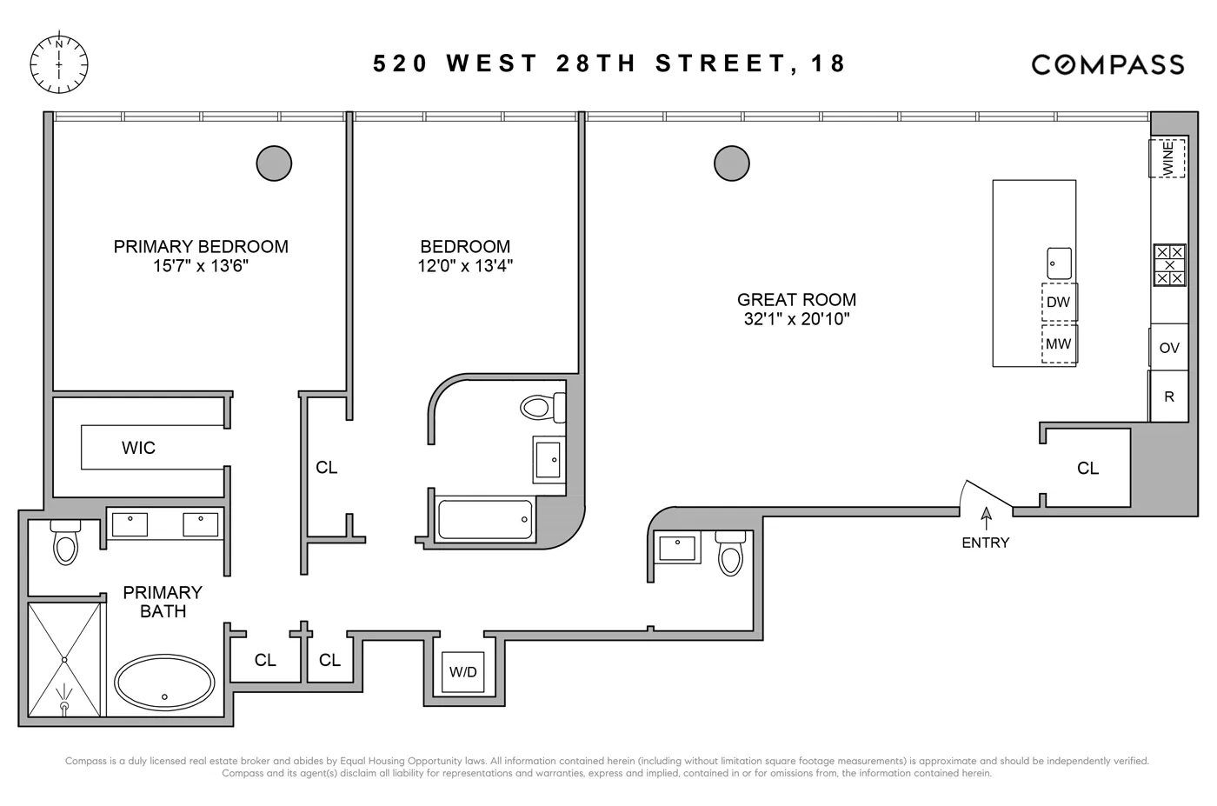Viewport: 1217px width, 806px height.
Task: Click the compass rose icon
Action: [59, 63]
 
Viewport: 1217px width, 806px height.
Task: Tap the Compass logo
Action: [1107, 64]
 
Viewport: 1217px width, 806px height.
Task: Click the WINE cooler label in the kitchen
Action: [1168, 158]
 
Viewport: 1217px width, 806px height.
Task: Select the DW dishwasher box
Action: [1059, 303]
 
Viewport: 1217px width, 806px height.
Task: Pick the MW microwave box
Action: [1059, 344]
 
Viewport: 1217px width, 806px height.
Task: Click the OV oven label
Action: [1169, 348]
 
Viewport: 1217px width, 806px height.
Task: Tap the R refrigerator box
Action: [1169, 396]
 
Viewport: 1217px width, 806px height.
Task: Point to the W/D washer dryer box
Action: [463, 672]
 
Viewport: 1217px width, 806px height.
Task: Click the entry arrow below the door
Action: [986, 517]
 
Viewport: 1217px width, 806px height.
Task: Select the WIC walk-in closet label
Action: [139, 448]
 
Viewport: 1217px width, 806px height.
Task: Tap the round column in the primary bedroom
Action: [274, 163]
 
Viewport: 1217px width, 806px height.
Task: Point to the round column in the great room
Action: [732, 163]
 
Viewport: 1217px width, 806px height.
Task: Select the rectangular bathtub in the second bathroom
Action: [485, 520]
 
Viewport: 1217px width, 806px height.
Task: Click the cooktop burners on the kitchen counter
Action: [1169, 265]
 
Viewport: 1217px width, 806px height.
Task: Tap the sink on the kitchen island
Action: [1059, 263]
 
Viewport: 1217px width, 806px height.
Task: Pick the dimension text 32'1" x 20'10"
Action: [796, 319]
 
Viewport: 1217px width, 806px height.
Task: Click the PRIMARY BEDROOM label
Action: [201, 247]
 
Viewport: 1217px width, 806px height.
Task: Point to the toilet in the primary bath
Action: [66, 543]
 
